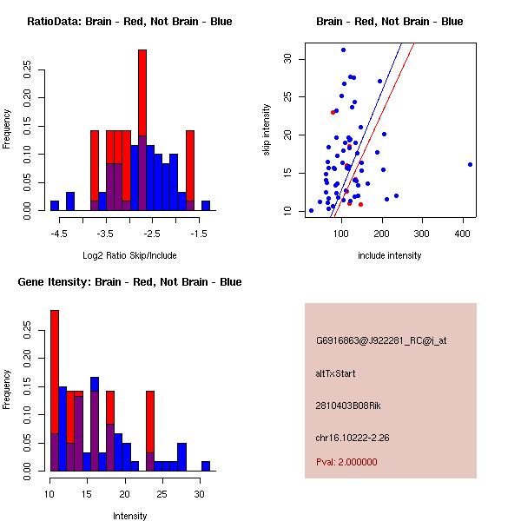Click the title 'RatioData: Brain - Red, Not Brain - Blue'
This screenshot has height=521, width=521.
tap(129, 22)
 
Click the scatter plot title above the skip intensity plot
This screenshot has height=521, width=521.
tap(389, 22)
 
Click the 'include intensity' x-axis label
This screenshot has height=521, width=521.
tap(389, 255)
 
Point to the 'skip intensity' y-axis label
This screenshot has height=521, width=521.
tap(267, 130)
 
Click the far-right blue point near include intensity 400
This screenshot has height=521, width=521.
tap(470, 164)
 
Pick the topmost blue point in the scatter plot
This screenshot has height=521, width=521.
tap(343, 50)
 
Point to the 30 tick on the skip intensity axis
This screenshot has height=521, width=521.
tap(287, 59)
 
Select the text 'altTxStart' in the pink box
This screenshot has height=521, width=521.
tap(335, 373)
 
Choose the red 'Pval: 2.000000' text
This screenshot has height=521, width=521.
tap(346, 462)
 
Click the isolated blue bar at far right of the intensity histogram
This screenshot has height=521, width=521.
tap(206, 466)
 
